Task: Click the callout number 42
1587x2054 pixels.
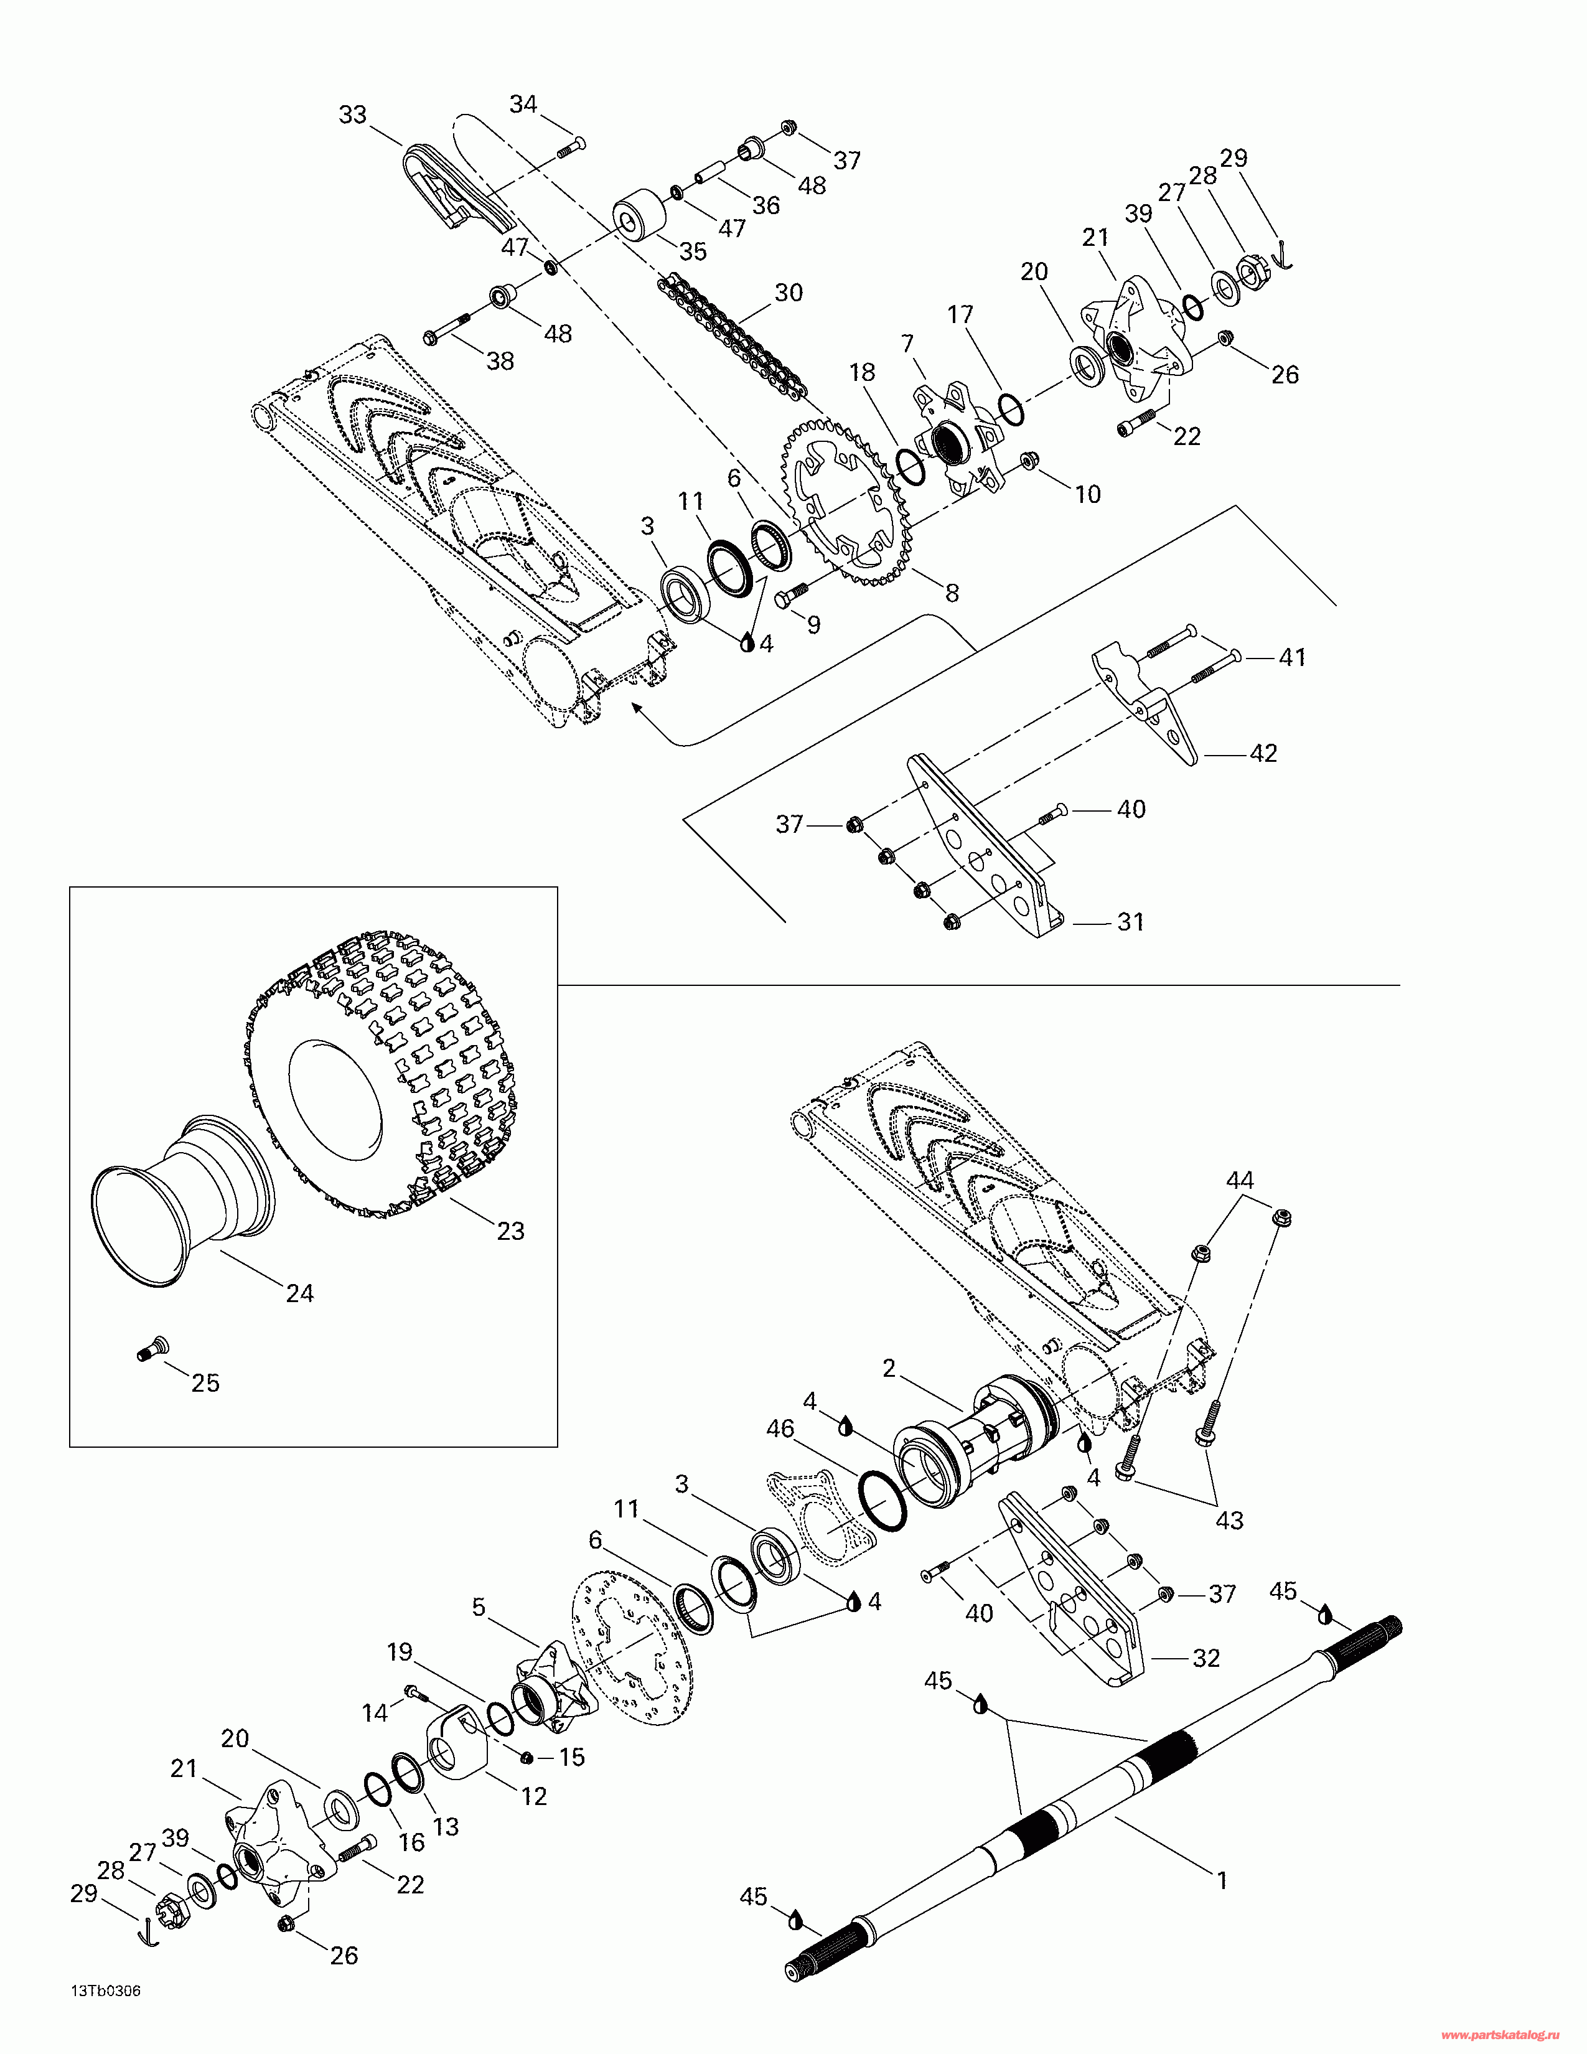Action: pos(1263,753)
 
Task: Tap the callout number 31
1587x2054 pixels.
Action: pos(1130,922)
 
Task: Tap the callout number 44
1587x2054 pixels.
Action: pos(1239,1180)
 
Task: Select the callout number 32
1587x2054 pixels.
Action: pos(1205,1658)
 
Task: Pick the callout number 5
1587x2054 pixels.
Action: pos(479,1607)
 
